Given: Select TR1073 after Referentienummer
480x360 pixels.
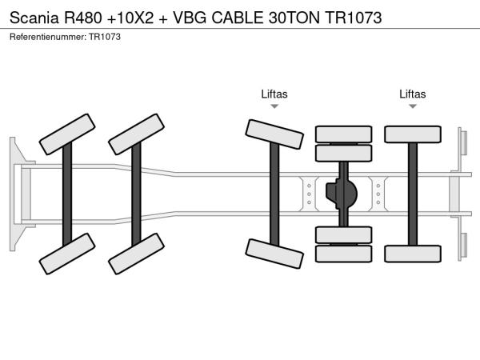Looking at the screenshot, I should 105,38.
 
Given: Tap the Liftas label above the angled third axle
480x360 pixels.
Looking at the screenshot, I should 274,94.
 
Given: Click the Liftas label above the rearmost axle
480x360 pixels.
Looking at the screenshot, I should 413,94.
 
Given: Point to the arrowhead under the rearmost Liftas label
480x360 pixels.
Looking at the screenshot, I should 413,106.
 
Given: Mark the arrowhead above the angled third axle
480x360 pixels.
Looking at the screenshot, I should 274,106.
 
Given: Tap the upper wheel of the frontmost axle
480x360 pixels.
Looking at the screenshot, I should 67,133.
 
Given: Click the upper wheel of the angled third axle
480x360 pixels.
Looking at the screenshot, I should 274,134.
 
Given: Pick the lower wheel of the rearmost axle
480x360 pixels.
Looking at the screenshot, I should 413,254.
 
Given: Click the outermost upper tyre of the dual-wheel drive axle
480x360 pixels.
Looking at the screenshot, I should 343,134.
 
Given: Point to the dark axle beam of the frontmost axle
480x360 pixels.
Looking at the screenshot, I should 67,193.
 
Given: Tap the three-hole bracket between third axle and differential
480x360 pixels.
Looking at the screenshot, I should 309,193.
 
